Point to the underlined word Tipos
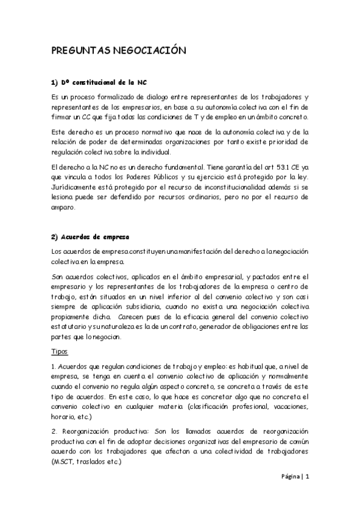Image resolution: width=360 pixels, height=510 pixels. point(60,351)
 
